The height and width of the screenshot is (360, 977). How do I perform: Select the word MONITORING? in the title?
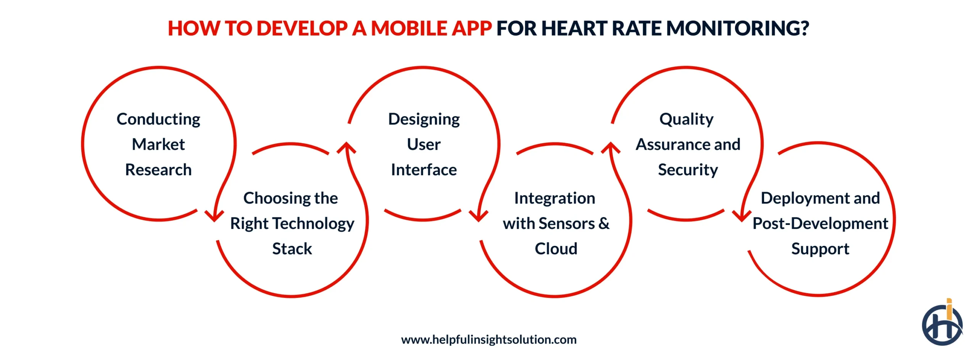737,29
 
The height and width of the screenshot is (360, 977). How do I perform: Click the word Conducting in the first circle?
158,119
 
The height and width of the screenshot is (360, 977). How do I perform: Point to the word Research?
158,170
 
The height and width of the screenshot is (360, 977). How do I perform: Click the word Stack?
292,249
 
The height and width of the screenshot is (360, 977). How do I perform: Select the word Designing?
424,119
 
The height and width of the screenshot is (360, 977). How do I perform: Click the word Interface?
424,170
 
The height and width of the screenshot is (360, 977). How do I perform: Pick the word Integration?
555,199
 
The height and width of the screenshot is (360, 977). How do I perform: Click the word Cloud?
556,249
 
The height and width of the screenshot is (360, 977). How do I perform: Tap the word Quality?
686,119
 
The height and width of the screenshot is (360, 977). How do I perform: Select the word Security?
688,170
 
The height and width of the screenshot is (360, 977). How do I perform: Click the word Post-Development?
820,224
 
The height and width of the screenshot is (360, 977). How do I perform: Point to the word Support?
820,249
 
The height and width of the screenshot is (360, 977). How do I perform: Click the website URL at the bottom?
488,339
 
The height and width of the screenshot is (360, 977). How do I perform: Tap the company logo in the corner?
942,324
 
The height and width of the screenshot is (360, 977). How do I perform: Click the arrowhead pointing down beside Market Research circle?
214,216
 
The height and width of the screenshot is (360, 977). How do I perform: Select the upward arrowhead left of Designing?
347,148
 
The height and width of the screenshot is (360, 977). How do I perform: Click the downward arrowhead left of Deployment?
742,216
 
